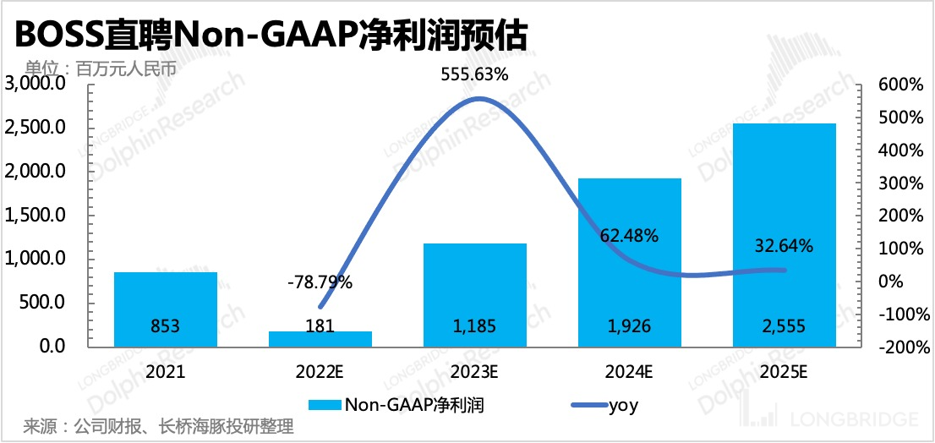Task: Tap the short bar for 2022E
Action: tap(320, 338)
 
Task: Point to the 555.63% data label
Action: tap(475, 74)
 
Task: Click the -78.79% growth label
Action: tap(320, 282)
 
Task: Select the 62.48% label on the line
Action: tap(629, 236)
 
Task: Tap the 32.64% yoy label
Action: tap(784, 247)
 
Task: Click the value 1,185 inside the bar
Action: tap(475, 325)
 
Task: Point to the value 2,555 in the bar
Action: tap(784, 325)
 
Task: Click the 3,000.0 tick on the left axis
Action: tap(36, 85)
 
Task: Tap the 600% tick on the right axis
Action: tap(901, 85)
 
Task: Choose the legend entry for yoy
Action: tap(603, 405)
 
